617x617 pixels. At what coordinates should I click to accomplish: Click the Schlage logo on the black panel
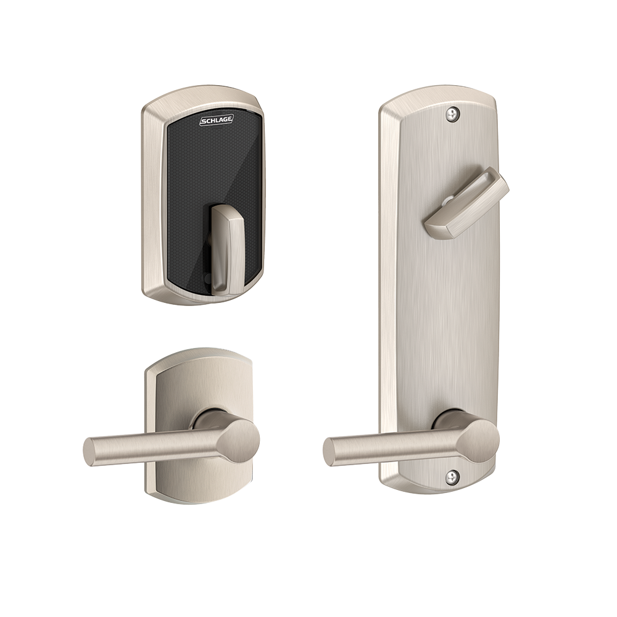pyautogui.click(x=217, y=120)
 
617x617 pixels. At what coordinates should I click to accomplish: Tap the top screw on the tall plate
pyautogui.click(x=452, y=114)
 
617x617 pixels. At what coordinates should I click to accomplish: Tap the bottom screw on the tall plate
pyautogui.click(x=452, y=477)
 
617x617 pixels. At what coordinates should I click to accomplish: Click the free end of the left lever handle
pyautogui.click(x=90, y=452)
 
